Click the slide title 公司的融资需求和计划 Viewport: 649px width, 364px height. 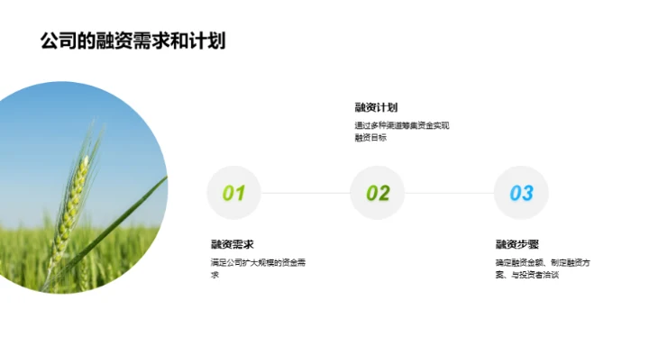click(x=133, y=41)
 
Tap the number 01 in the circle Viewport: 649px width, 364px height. click(x=233, y=193)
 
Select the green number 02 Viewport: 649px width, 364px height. click(x=378, y=193)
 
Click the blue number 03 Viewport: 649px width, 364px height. click(x=521, y=193)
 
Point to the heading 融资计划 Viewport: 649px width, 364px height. click(x=376, y=107)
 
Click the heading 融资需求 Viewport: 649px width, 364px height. click(x=232, y=244)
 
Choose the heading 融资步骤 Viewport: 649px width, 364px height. click(x=517, y=244)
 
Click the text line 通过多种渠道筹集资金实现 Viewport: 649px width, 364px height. click(x=401, y=125)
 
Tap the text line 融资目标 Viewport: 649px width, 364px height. click(x=370, y=138)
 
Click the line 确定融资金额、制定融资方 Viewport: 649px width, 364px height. click(x=543, y=262)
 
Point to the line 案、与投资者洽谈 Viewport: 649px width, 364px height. click(x=527, y=275)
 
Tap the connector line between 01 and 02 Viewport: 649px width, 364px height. click(x=306, y=193)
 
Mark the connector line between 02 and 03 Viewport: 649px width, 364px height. click(x=449, y=193)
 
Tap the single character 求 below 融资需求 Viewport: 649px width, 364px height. click(x=215, y=275)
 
